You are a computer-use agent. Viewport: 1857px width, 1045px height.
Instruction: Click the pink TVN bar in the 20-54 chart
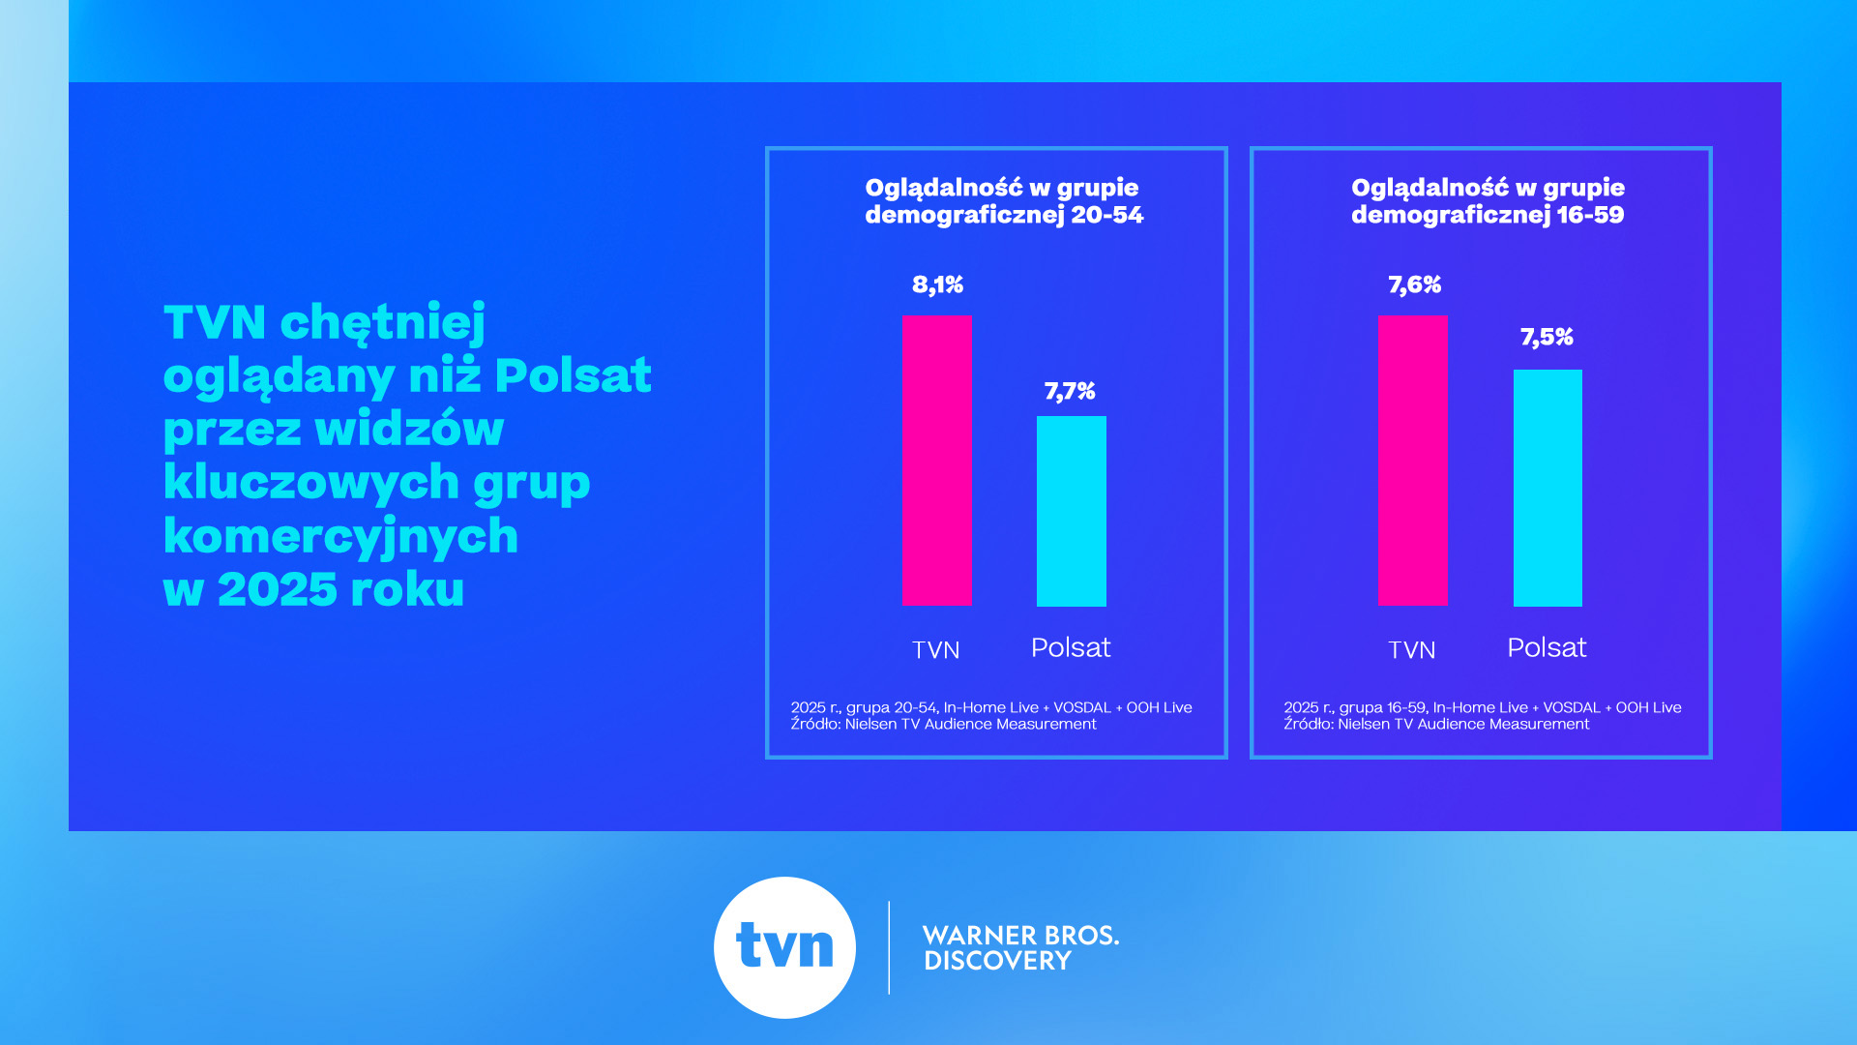[937, 461]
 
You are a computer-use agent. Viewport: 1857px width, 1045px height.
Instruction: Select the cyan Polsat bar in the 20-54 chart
[1072, 511]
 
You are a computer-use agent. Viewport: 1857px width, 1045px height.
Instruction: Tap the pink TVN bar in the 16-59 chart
[1413, 461]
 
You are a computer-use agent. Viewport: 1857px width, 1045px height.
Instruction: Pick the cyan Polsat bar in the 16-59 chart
[1547, 488]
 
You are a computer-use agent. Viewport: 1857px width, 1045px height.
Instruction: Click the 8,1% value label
[938, 285]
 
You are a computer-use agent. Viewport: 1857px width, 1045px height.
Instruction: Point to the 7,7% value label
[1070, 392]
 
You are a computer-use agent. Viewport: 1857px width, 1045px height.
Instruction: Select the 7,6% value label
[1415, 285]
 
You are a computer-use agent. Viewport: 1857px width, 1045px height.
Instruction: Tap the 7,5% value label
[1547, 338]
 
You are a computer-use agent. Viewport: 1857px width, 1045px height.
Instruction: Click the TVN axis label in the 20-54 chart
[936, 650]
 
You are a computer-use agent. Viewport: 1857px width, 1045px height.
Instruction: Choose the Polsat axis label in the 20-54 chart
[1071, 647]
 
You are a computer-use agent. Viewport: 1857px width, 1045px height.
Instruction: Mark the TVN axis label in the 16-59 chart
[1412, 650]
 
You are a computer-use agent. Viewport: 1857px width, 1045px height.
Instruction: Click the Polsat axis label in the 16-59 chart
[1547, 647]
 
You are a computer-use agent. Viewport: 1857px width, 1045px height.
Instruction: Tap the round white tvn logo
[784, 947]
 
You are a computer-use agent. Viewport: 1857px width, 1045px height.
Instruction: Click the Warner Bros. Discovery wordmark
[1020, 948]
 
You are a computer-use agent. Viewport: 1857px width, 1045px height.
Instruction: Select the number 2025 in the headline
[278, 589]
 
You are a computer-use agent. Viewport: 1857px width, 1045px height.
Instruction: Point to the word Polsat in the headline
[573, 375]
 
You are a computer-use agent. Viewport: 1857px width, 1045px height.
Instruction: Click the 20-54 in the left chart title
[1106, 215]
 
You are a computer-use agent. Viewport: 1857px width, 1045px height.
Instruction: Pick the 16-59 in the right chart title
[1590, 215]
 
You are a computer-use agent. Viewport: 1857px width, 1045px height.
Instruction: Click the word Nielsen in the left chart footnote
[871, 724]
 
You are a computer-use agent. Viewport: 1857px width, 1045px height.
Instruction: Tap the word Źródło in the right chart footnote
[1309, 724]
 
